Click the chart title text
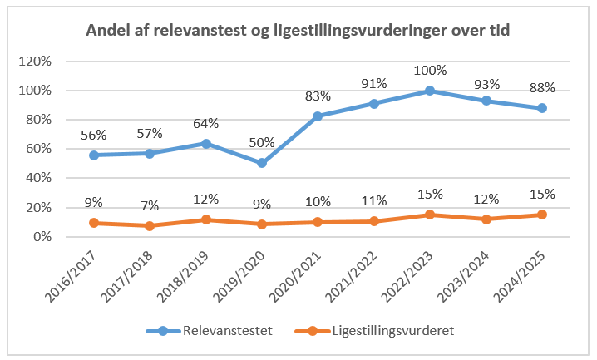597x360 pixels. pyautogui.click(x=298, y=31)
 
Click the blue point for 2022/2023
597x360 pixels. pyautogui.click(x=430, y=91)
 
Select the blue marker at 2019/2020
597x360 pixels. pyautogui.click(x=262, y=163)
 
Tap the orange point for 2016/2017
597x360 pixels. pyautogui.click(x=94, y=223)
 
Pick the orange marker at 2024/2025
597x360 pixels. pyautogui.click(x=542, y=215)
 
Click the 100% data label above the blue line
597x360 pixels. pyautogui.click(x=430, y=71)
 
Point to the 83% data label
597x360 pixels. pyautogui.click(x=318, y=96)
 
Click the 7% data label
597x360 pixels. pyautogui.click(x=150, y=205)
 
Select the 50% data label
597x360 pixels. pyautogui.click(x=262, y=143)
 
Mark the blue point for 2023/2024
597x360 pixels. pyautogui.click(x=486, y=101)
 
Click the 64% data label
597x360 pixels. pyautogui.click(x=206, y=124)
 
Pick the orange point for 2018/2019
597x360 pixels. pyautogui.click(x=206, y=219)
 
